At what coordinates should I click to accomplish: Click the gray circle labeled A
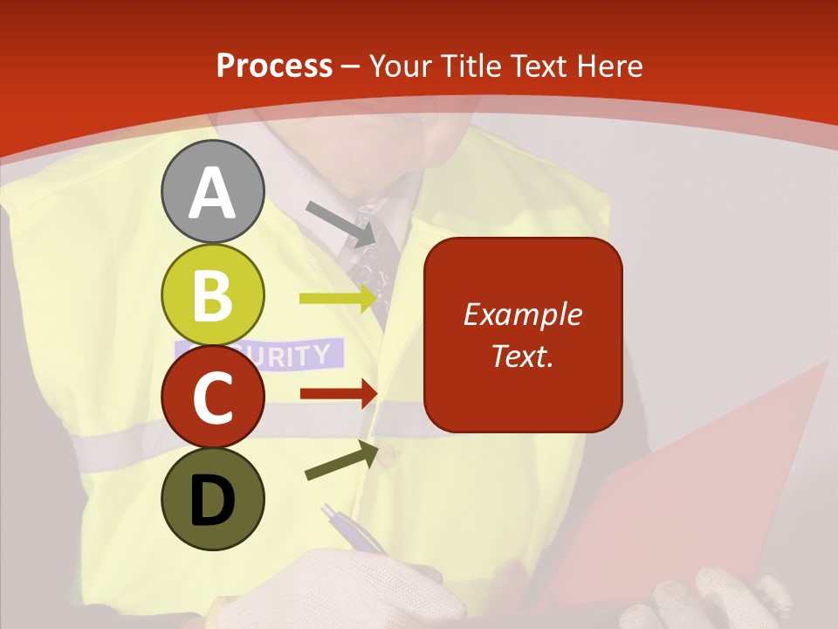[212, 191]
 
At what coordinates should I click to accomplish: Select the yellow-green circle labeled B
[212, 294]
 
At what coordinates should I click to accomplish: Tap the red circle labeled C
[212, 397]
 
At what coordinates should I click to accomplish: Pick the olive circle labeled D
[212, 499]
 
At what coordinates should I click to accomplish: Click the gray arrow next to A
[341, 224]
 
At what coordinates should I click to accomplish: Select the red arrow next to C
[339, 394]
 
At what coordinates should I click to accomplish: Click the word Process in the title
[274, 66]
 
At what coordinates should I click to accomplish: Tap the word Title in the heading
[470, 66]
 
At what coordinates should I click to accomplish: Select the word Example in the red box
[522, 314]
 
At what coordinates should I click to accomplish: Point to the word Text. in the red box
[522, 356]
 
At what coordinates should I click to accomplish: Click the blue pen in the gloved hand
[354, 529]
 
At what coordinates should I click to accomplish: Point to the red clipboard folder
[698, 489]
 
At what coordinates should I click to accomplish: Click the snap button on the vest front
[388, 453]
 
